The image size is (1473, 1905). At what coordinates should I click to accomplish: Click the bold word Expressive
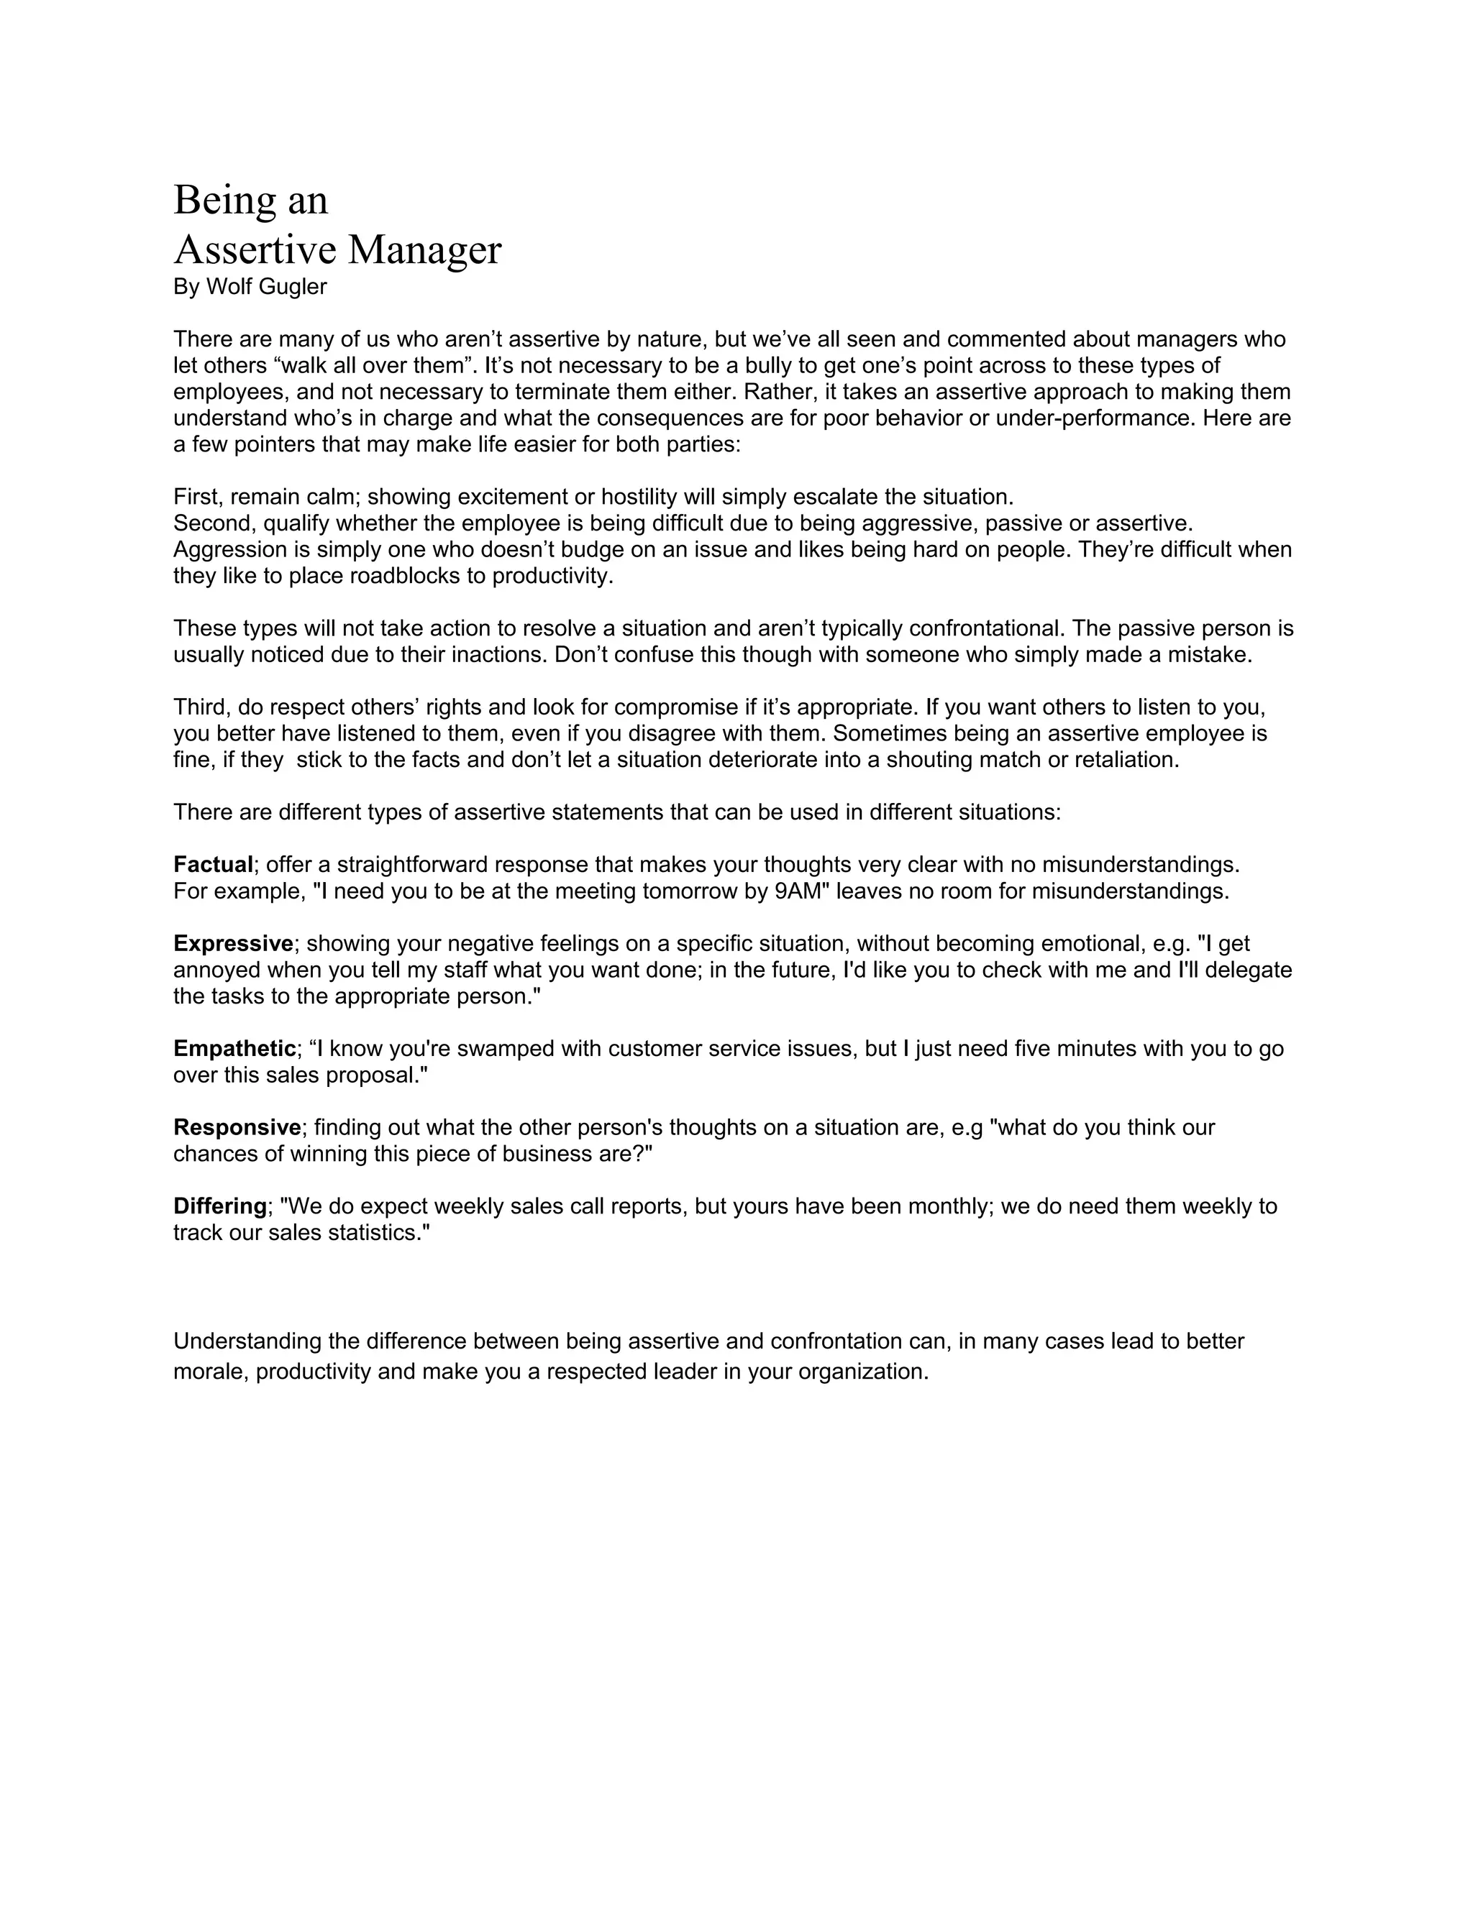click(233, 943)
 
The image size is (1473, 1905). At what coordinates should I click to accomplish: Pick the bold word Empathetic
click(234, 1048)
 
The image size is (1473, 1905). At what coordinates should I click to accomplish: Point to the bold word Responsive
click(237, 1127)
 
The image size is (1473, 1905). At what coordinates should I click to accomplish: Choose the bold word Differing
click(220, 1206)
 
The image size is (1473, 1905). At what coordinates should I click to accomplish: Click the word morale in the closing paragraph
click(210, 1371)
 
